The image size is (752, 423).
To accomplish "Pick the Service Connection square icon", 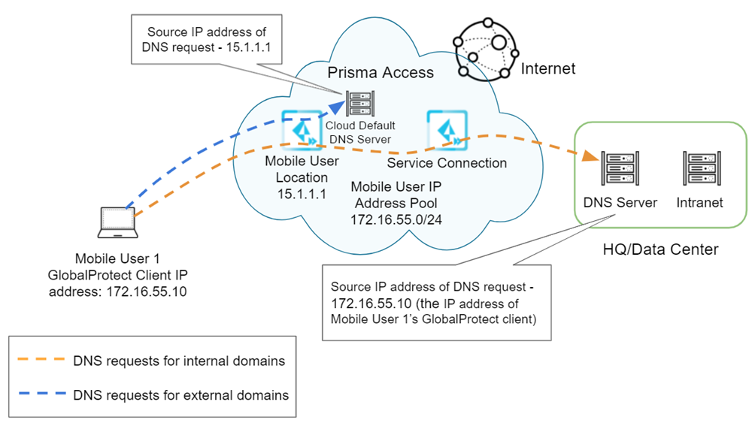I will (444, 128).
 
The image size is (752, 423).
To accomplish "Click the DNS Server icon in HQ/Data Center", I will (619, 170).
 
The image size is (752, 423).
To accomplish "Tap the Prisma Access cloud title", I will (381, 72).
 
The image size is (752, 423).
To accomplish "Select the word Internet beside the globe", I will (548, 69).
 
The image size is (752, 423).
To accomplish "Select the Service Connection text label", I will (447, 163).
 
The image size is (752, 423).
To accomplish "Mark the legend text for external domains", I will (180, 394).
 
